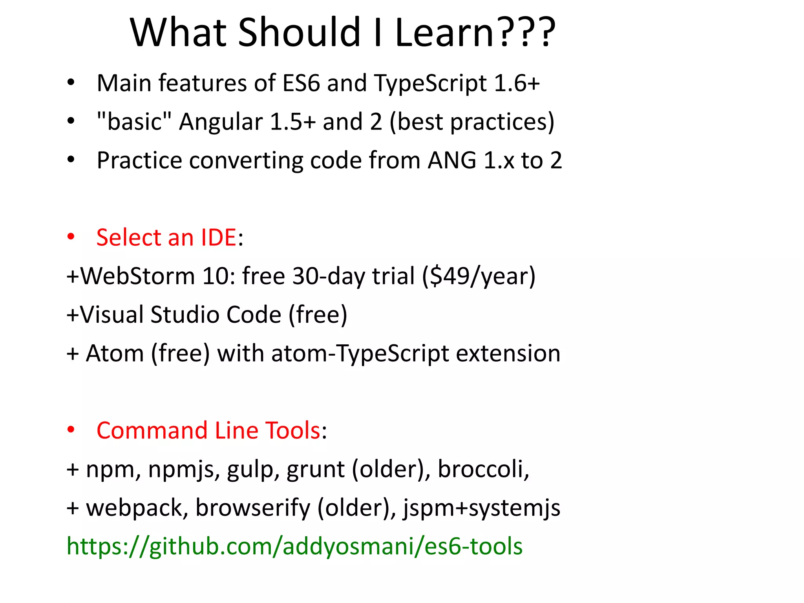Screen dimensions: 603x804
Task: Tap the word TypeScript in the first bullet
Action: [x=430, y=83]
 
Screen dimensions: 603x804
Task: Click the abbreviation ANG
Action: [x=452, y=160]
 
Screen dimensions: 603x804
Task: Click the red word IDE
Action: [x=218, y=238]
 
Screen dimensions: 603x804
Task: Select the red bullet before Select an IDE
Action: [x=71, y=237]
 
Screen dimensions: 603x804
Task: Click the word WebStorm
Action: [x=137, y=276]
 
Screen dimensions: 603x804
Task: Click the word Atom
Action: [x=115, y=353]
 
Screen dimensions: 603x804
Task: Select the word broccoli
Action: [x=483, y=469]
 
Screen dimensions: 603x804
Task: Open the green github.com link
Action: [x=294, y=546]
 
